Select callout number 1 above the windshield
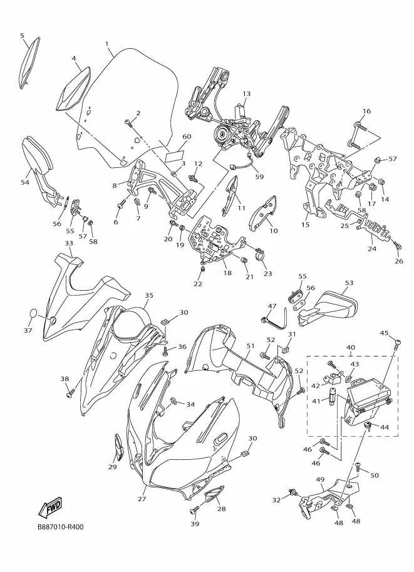tap(107, 44)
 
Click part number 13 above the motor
tap(247, 94)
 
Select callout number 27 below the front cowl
tap(142, 499)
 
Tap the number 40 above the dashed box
tap(350, 348)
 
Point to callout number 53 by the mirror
tap(349, 283)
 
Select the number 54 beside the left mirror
tap(25, 182)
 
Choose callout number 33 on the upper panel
tap(69, 243)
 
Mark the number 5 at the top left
tap(22, 35)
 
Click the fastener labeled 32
tap(292, 494)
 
